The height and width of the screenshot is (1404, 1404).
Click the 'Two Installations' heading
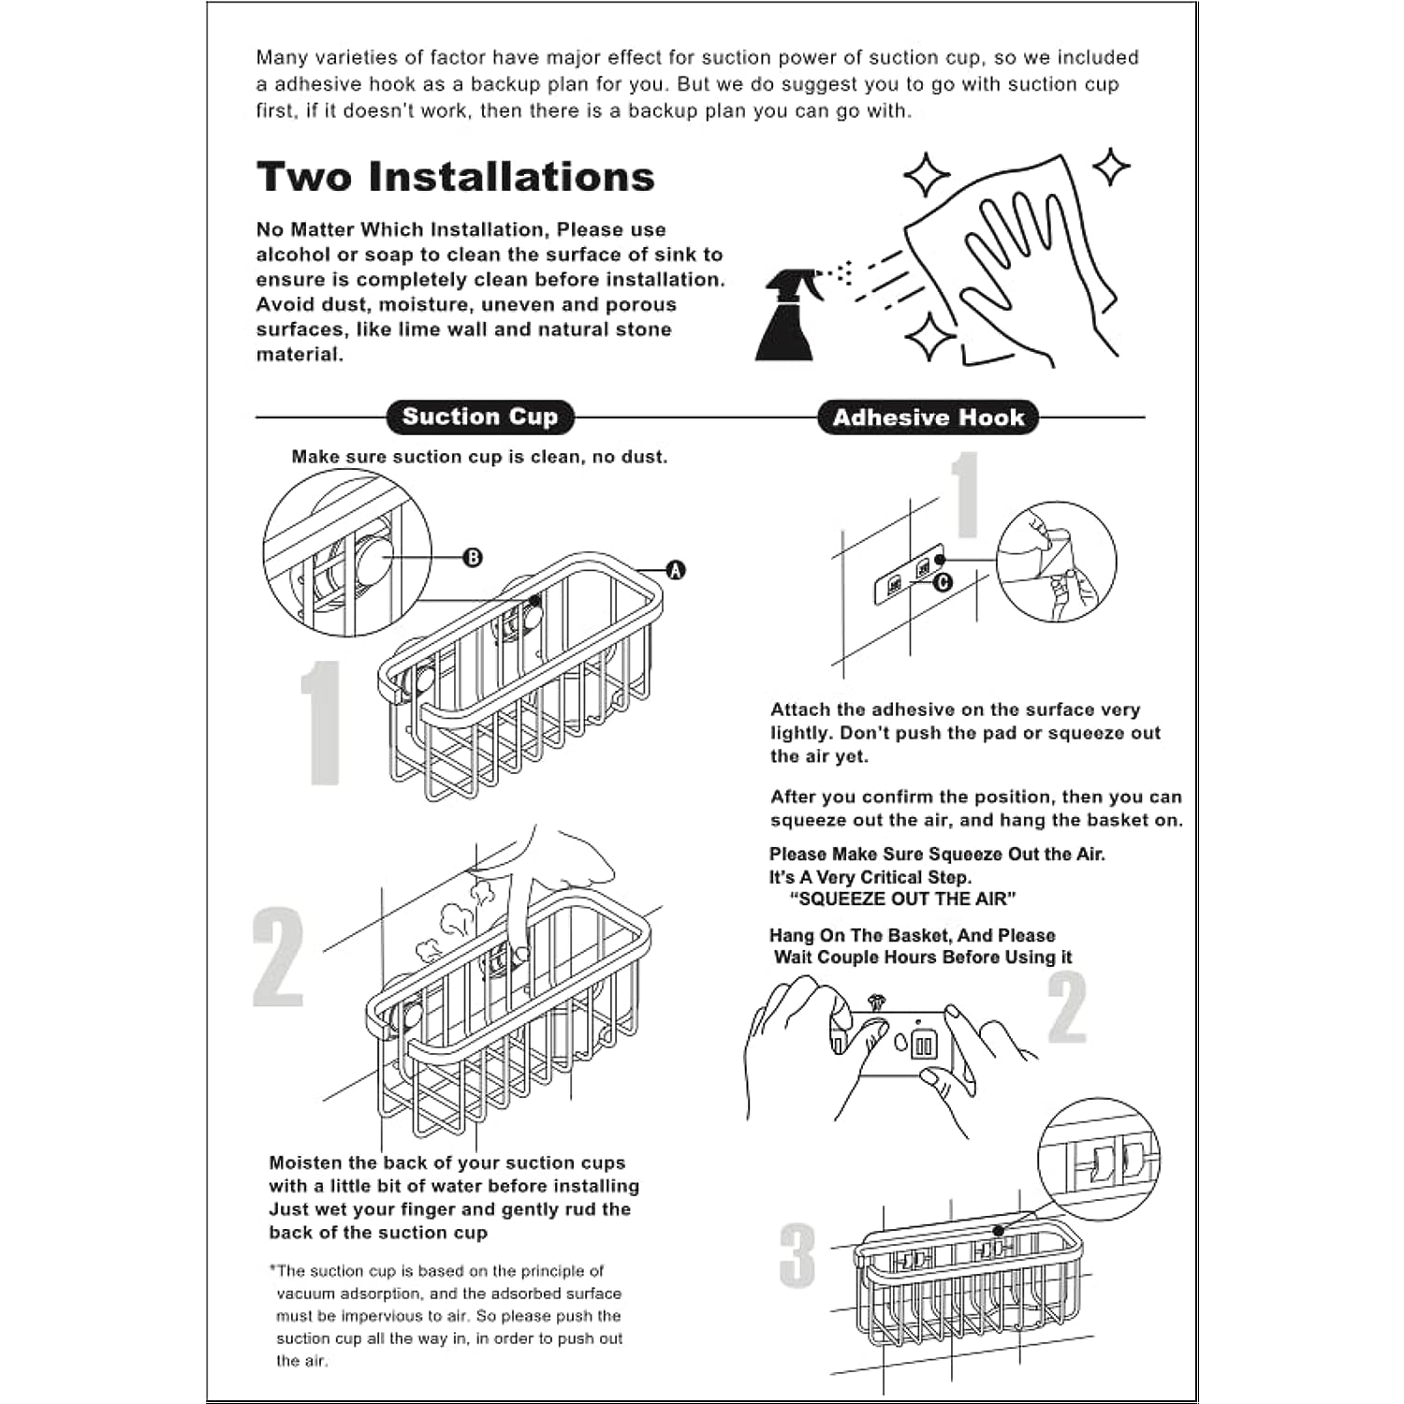tap(455, 177)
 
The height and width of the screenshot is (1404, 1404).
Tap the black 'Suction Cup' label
tap(479, 417)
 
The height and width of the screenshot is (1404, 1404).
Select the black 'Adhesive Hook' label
tap(928, 417)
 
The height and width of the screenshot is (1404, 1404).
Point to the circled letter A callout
tap(675, 570)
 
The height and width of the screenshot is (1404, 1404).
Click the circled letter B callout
tap(474, 558)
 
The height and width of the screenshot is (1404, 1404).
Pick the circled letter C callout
tap(943, 582)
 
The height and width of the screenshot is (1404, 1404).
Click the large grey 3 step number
tap(797, 1255)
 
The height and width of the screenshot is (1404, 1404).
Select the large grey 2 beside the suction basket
tap(278, 957)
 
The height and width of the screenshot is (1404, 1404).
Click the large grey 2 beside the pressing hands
tap(1067, 1007)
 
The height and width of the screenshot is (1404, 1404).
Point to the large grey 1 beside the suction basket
tap(321, 722)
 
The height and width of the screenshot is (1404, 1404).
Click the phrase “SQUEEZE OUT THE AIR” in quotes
tap(902, 899)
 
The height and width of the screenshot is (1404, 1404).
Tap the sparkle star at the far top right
tap(1112, 167)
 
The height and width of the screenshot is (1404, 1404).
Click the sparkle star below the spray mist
tap(929, 337)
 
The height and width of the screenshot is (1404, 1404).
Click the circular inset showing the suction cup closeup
tap(347, 552)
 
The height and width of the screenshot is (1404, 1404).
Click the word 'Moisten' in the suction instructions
tap(305, 1163)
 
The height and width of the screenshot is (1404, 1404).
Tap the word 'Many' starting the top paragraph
tap(282, 58)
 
